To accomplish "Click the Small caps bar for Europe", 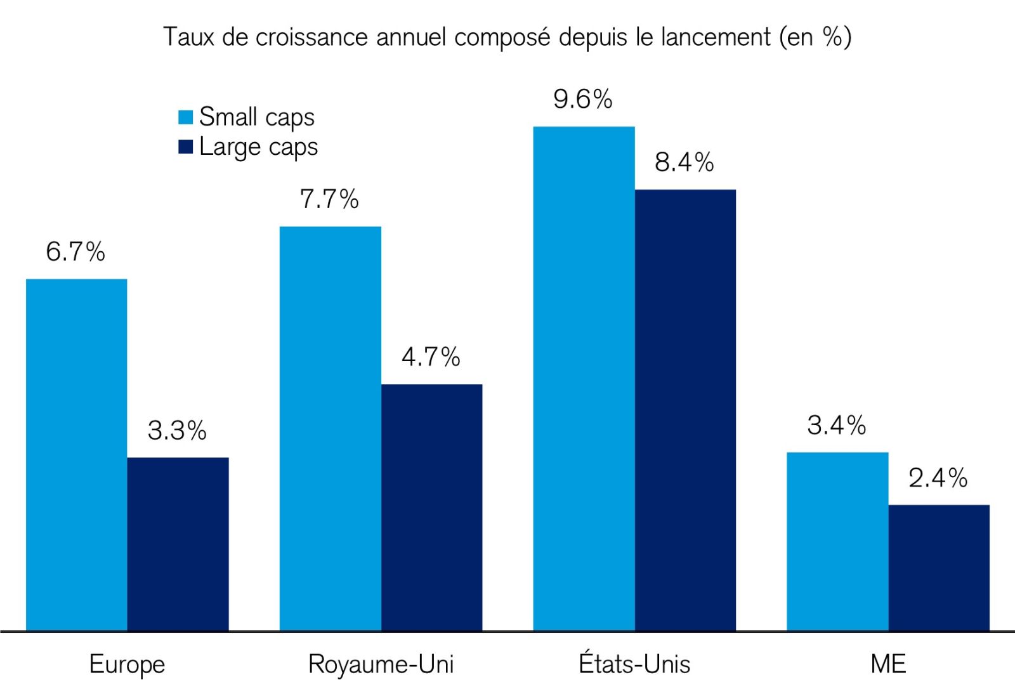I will (x=76, y=454).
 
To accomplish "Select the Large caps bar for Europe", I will (x=178, y=544).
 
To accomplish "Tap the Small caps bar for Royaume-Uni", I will (x=330, y=428).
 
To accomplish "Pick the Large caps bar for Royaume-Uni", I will (x=431, y=507).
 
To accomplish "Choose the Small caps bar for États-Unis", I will (x=584, y=378).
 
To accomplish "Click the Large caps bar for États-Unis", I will (x=685, y=410).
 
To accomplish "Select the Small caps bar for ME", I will (x=837, y=541).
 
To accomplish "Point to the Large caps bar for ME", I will (x=939, y=567).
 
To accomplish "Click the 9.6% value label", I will (x=582, y=99).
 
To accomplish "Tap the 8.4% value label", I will (x=684, y=162).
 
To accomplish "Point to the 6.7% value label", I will (x=75, y=252).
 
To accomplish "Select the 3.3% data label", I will (x=176, y=431).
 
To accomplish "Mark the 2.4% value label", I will (x=938, y=478).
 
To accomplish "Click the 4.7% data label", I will (x=430, y=357).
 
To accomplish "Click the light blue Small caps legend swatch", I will (x=185, y=117).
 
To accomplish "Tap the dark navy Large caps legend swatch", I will (x=185, y=147).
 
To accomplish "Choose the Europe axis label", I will (x=127, y=664).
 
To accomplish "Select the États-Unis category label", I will (x=634, y=664).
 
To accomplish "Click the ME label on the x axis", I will (x=888, y=664).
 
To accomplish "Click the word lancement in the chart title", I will (x=716, y=37).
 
